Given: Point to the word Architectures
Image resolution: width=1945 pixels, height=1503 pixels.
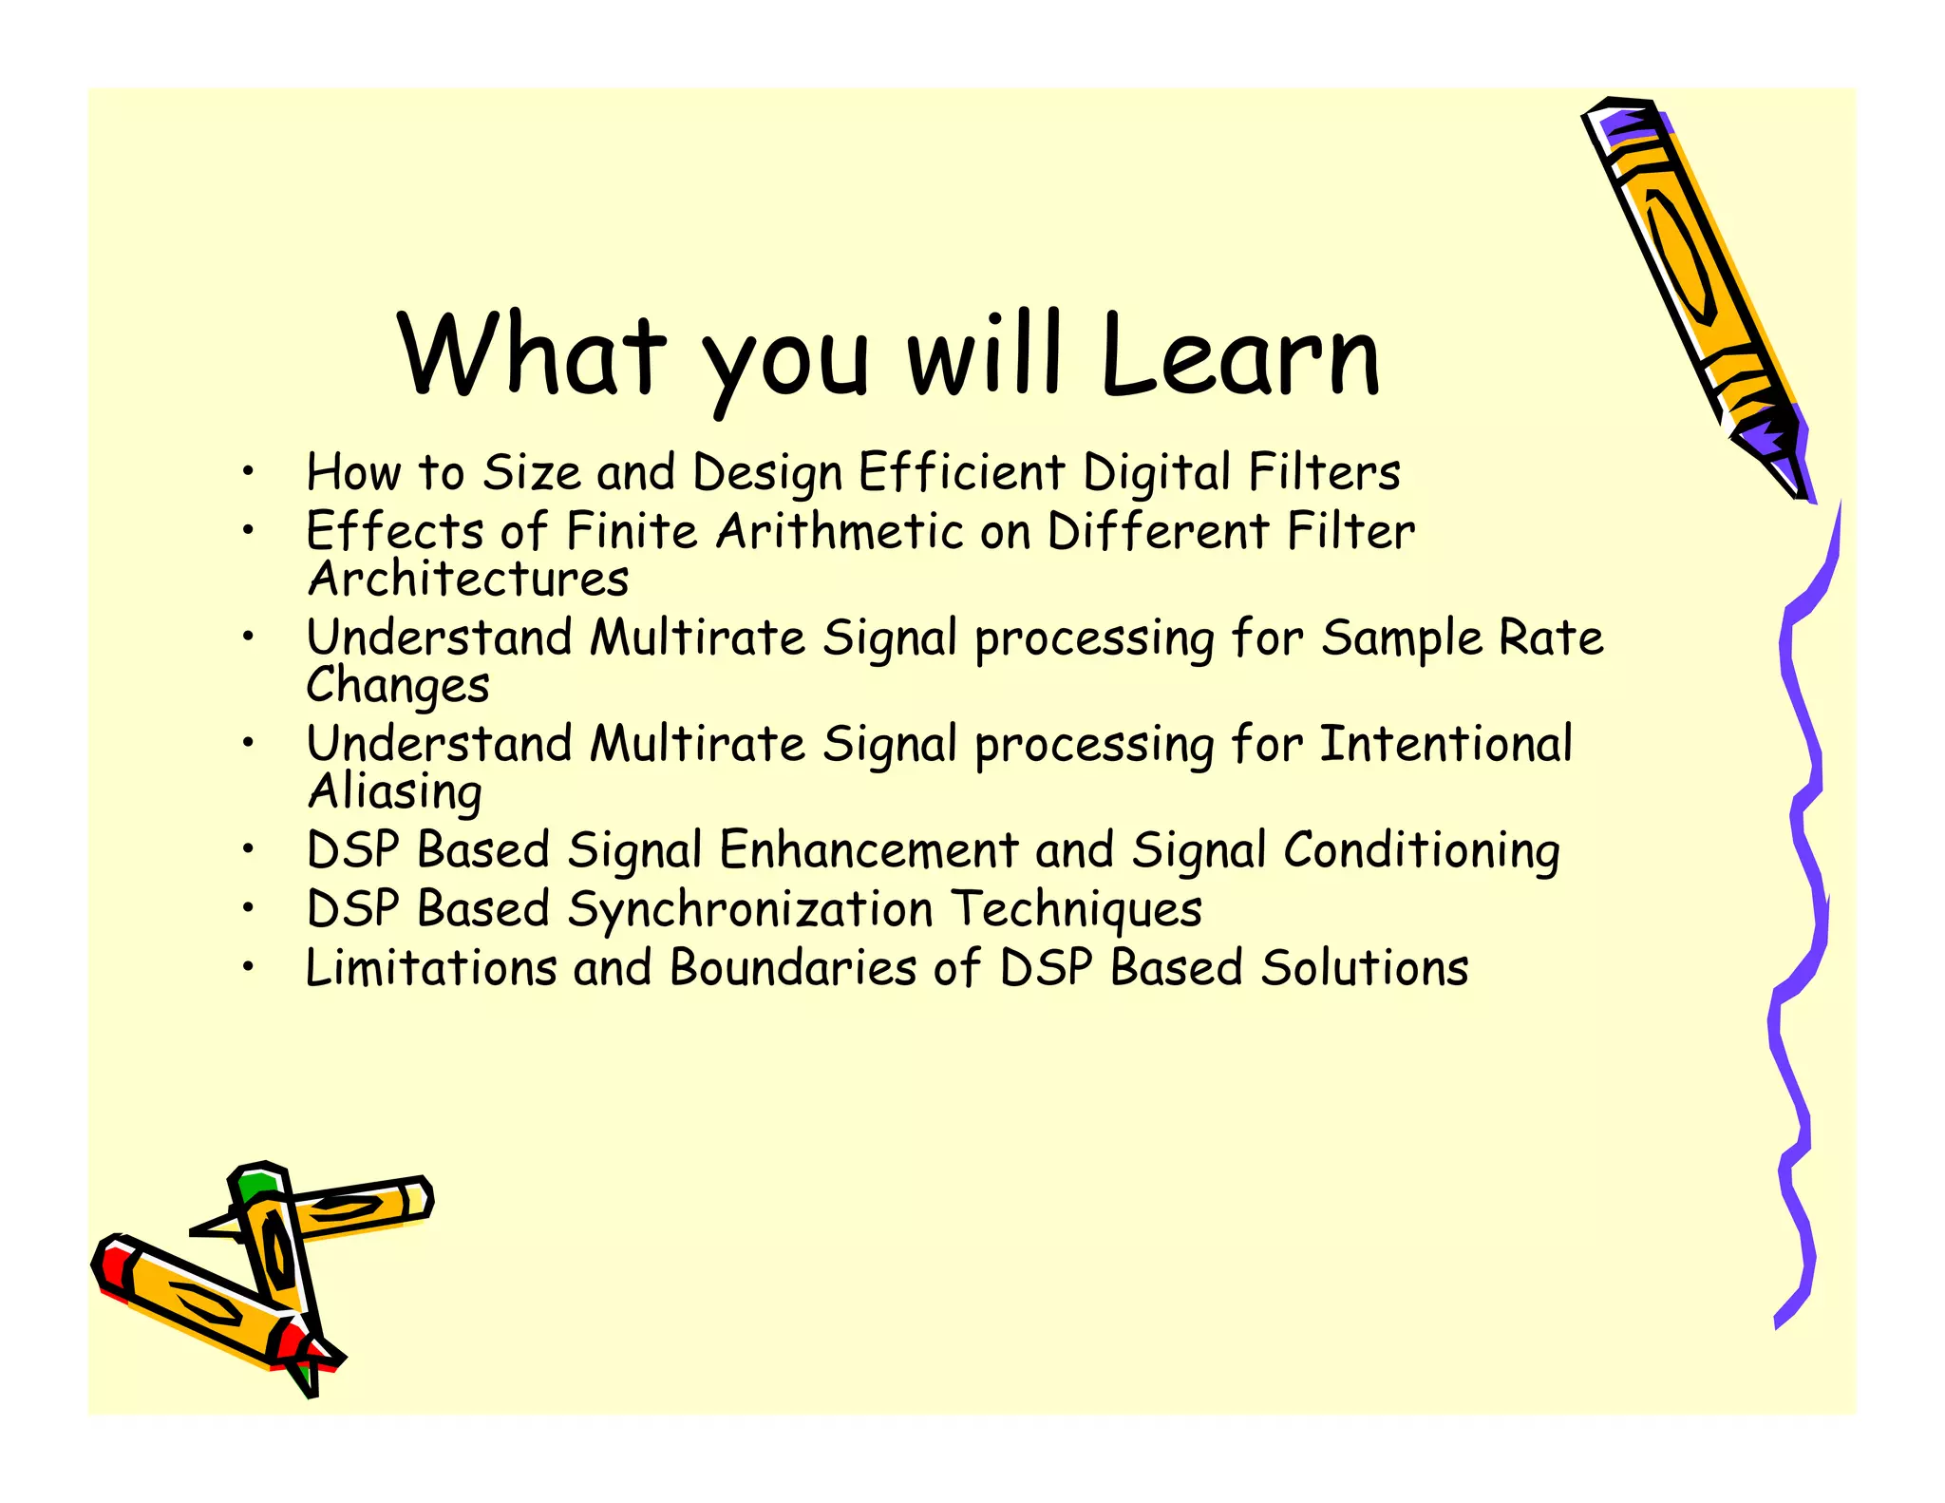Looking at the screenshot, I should click(x=468, y=579).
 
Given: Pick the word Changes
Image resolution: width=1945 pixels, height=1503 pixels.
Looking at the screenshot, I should click(x=398, y=686).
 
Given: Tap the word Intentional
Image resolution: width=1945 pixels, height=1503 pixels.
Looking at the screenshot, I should click(x=1445, y=744).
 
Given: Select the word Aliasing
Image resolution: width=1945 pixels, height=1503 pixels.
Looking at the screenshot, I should click(x=395, y=792).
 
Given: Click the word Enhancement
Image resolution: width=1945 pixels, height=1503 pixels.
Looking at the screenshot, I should click(x=868, y=850).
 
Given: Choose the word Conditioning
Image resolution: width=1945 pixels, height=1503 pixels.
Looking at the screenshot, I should click(x=1421, y=850).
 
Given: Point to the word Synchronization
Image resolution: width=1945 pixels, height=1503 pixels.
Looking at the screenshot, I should click(x=750, y=909).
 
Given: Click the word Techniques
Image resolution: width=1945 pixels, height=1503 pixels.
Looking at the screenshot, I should click(x=1076, y=909).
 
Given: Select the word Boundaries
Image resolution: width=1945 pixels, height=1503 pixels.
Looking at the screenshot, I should click(x=793, y=968).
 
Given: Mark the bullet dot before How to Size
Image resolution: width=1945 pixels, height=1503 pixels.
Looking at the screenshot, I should click(x=247, y=471).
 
